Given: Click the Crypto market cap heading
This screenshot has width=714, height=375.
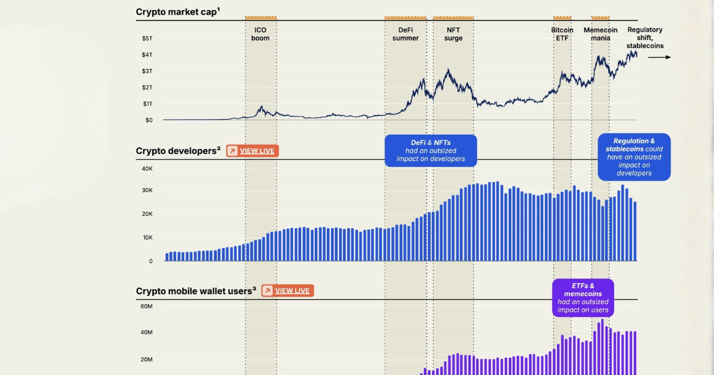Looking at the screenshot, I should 177,12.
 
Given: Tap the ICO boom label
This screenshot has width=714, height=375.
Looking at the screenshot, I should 260,34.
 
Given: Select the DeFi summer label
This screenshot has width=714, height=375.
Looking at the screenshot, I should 405,34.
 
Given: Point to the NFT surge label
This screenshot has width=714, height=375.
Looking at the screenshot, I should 453,34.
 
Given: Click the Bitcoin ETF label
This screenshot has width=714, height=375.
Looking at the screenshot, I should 562,34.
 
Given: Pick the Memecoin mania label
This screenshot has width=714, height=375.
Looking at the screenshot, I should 600,34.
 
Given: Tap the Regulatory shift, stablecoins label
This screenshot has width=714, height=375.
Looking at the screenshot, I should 645,37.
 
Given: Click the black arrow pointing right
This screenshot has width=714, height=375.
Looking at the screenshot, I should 659,57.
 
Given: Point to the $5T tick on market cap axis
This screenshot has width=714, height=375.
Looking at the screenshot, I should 147,39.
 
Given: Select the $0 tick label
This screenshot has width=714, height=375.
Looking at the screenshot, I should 148,120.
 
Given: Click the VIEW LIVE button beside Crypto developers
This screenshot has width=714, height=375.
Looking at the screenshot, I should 252,151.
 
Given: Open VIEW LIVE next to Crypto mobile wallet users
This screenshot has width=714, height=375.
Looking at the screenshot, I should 287,290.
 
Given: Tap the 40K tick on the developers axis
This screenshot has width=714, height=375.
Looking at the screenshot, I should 146,168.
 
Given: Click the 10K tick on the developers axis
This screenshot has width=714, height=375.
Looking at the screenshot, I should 146,237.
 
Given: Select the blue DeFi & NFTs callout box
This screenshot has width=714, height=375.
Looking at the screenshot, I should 431,151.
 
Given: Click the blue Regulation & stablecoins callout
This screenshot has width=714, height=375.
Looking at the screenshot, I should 634,157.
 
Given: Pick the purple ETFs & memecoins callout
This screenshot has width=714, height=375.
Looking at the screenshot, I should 583,298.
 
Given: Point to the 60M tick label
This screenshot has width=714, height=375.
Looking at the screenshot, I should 146,307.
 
